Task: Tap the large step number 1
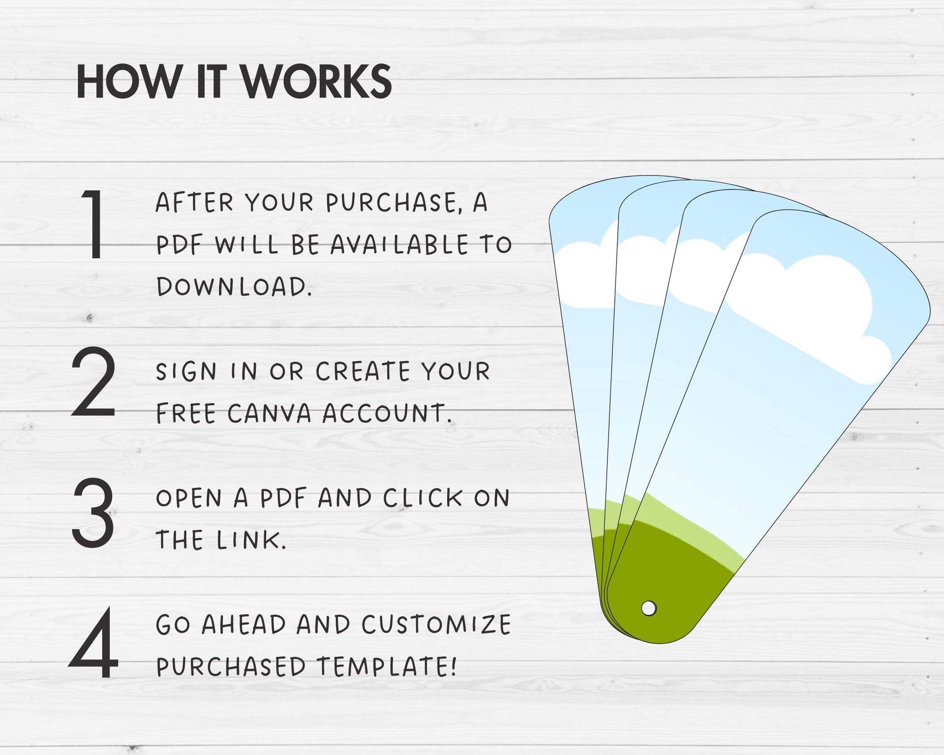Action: pyautogui.click(x=94, y=224)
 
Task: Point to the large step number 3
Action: pyautogui.click(x=93, y=513)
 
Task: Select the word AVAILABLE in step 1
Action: pyautogui.click(x=400, y=244)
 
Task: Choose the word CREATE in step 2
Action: pyautogui.click(x=363, y=372)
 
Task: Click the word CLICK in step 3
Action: pyautogui.click(x=423, y=498)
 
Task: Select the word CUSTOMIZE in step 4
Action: pyautogui.click(x=436, y=625)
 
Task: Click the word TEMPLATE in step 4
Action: pyautogui.click(x=387, y=666)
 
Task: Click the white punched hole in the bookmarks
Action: pyautogui.click(x=649, y=608)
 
